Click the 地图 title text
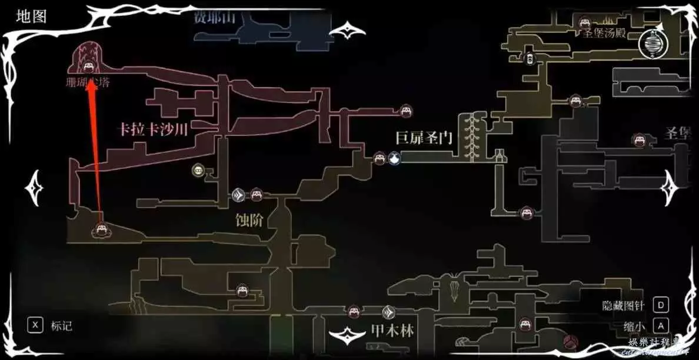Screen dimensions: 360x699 click(x=31, y=17)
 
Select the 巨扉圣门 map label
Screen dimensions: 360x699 click(x=424, y=139)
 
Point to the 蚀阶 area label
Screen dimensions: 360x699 click(x=249, y=221)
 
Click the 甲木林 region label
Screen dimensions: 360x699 click(x=392, y=330)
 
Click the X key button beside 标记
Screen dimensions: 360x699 click(x=36, y=325)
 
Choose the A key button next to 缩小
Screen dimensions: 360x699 click(x=661, y=325)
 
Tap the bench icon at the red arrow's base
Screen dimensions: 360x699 click(x=99, y=231)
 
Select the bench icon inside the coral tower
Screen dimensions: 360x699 click(x=88, y=66)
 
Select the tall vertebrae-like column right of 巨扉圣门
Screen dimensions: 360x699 click(x=470, y=137)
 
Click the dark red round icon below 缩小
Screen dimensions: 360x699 click(x=569, y=341)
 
